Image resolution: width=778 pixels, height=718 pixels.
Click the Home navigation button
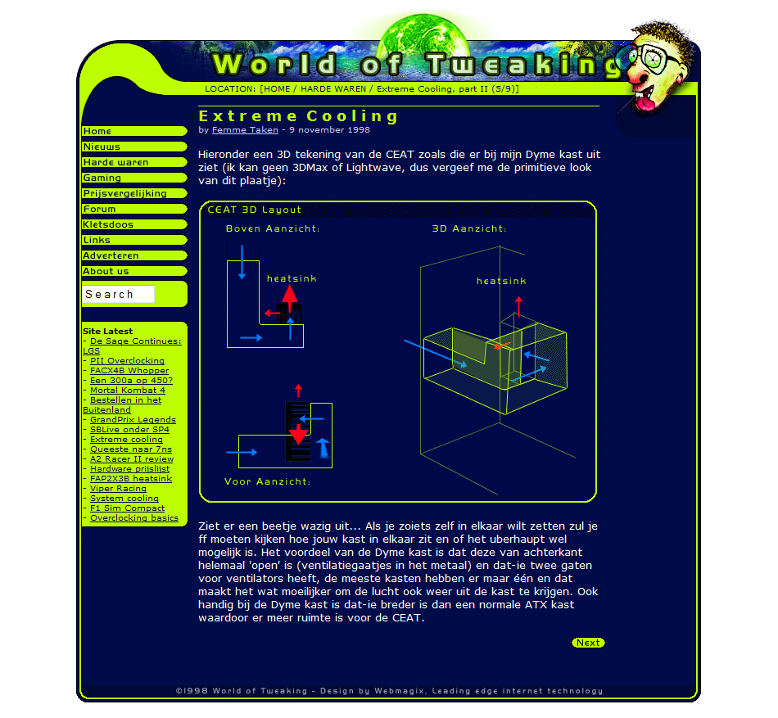(134, 131)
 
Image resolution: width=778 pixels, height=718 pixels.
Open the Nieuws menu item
(134, 147)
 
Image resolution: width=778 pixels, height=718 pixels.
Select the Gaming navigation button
(134, 178)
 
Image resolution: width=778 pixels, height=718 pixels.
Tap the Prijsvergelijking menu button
(134, 193)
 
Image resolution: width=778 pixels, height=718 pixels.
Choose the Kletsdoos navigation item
(134, 224)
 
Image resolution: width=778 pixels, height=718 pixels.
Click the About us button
(134, 271)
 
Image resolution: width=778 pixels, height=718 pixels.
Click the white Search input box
(118, 294)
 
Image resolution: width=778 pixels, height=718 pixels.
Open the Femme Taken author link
(245, 130)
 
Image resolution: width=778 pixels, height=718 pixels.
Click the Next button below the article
(588, 643)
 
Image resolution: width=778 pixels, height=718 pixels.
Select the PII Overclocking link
(127, 360)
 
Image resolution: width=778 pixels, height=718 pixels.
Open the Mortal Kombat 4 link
(128, 390)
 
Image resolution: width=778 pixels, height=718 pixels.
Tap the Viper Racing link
(118, 489)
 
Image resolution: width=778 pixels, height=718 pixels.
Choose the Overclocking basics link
(134, 517)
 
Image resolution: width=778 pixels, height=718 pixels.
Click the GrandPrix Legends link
(133, 419)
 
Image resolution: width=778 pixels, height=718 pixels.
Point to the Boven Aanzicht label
(273, 228)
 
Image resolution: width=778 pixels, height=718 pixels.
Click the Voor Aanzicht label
(268, 481)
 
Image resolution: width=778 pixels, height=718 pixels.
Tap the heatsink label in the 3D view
(501, 281)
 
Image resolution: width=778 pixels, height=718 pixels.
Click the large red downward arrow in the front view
(299, 434)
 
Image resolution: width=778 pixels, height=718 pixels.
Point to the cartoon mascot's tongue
(646, 103)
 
